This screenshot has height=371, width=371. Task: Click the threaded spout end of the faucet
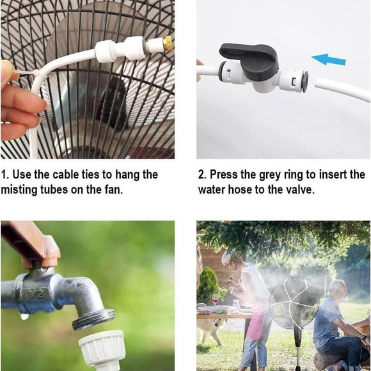93,318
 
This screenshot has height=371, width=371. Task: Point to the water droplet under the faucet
24,316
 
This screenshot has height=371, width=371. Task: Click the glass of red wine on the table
216,299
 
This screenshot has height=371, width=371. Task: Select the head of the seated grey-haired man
337,290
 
